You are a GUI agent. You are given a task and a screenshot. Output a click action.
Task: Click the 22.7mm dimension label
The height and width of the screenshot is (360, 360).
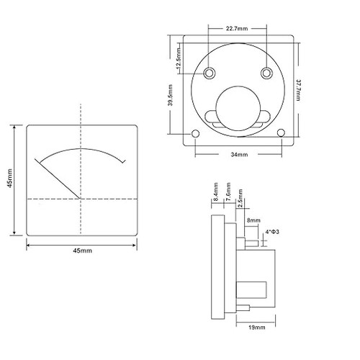pos(237,29)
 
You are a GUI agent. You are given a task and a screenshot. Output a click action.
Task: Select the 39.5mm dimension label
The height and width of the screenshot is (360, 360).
pos(170,95)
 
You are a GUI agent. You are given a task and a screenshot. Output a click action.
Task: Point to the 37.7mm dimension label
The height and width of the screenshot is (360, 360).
pos(298,90)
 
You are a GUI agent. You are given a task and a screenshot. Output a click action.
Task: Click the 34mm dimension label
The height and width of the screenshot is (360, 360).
pos(239,155)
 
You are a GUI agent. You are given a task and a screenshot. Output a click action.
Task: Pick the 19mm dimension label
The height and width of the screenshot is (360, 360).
pos(257,328)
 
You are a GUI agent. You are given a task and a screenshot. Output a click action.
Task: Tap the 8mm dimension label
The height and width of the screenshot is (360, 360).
pos(253,220)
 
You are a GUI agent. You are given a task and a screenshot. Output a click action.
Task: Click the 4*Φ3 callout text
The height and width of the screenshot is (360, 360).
pos(272,232)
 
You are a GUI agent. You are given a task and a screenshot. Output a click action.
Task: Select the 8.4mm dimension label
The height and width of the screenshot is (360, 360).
pos(216,192)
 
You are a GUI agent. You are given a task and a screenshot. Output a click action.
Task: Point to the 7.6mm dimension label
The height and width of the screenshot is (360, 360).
pos(228,192)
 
